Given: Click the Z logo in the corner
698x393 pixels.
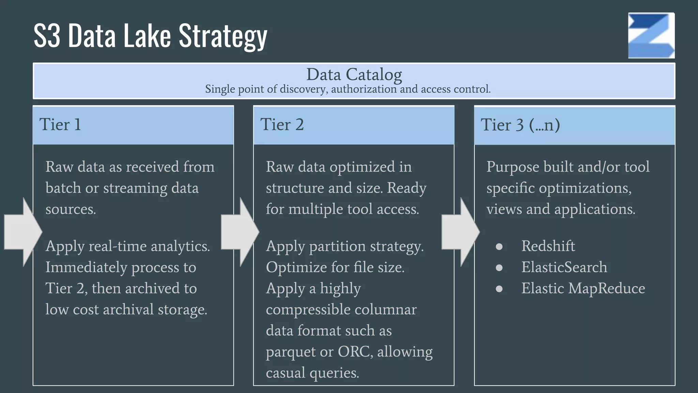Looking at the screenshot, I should (651, 35).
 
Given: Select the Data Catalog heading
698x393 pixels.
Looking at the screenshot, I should (354, 74).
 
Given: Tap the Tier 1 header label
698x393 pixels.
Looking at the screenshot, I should (60, 125).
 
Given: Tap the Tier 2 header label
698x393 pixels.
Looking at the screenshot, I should (282, 125).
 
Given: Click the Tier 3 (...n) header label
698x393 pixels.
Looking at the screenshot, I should (520, 125).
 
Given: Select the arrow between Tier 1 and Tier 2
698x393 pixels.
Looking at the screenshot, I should (240, 232).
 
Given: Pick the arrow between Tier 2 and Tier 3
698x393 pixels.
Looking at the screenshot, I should (460, 232).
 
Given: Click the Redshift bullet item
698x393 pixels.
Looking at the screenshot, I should (548, 246).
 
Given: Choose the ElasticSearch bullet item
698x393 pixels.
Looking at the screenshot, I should (564, 267).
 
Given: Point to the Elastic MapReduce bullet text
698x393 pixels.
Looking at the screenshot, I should (583, 288).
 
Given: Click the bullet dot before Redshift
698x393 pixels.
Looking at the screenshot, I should (499, 247).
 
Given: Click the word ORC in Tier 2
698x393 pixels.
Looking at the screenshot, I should (353, 351).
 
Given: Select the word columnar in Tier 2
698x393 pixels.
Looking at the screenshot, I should (385, 309).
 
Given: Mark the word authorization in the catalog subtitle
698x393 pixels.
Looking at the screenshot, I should (364, 89).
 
